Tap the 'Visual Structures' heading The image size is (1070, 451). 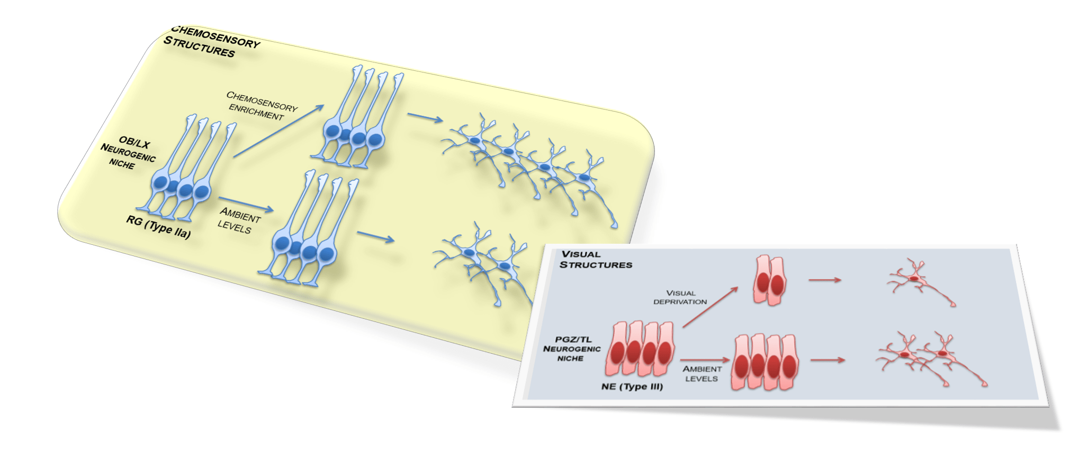pos(595,260)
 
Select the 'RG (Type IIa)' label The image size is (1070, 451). pos(158,227)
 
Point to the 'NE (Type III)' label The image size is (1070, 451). pos(632,386)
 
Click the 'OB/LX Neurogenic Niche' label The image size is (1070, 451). pos(129,153)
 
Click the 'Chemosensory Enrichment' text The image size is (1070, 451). pos(260,105)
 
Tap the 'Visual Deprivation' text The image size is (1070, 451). pos(680,297)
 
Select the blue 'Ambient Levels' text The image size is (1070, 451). pos(238,220)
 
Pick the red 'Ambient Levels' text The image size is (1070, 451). pos(702,373)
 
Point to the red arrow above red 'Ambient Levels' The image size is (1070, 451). pos(704,360)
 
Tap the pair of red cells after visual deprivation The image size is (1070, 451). pos(770,280)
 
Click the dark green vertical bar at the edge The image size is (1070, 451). pos(21,225)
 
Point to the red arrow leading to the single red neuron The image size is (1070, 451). pos(824,279)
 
